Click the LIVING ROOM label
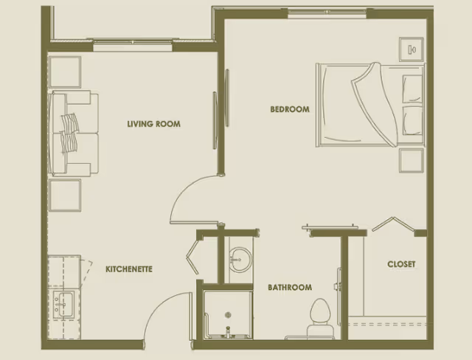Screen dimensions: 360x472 pyautogui.click(x=153, y=124)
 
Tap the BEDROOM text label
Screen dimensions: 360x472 pyautogui.click(x=289, y=109)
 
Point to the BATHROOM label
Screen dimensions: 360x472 pyautogui.click(x=289, y=288)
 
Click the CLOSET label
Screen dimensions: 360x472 pyautogui.click(x=401, y=264)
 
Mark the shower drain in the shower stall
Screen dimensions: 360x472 pyautogui.click(x=227, y=329)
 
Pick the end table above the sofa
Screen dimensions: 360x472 pyautogui.click(x=65, y=72)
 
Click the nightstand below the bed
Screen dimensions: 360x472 pyautogui.click(x=412, y=160)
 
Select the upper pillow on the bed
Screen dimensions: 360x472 pyautogui.click(x=412, y=87)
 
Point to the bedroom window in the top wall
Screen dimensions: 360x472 pyautogui.click(x=326, y=13)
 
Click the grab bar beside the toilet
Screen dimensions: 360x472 pyautogui.click(x=338, y=284)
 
